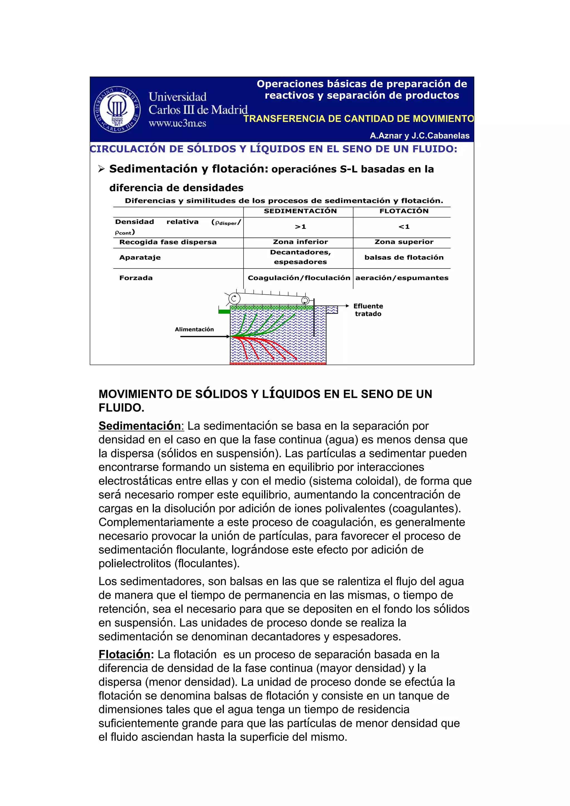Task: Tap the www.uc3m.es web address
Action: [x=177, y=123]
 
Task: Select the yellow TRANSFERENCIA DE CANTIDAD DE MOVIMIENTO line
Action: [x=358, y=119]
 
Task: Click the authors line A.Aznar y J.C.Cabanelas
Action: [x=419, y=136]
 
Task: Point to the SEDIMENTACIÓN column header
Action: [x=300, y=211]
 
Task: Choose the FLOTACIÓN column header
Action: [x=404, y=211]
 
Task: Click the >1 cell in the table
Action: [x=300, y=227]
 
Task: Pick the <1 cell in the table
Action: [x=404, y=227]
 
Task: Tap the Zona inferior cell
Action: [x=300, y=242]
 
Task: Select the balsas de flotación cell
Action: [x=404, y=257]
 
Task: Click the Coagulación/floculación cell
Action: [x=299, y=278]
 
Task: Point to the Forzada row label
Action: [x=136, y=278]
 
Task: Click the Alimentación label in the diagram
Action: [x=194, y=329]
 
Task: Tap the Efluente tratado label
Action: [x=368, y=310]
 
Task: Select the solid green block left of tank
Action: [x=224, y=311]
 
